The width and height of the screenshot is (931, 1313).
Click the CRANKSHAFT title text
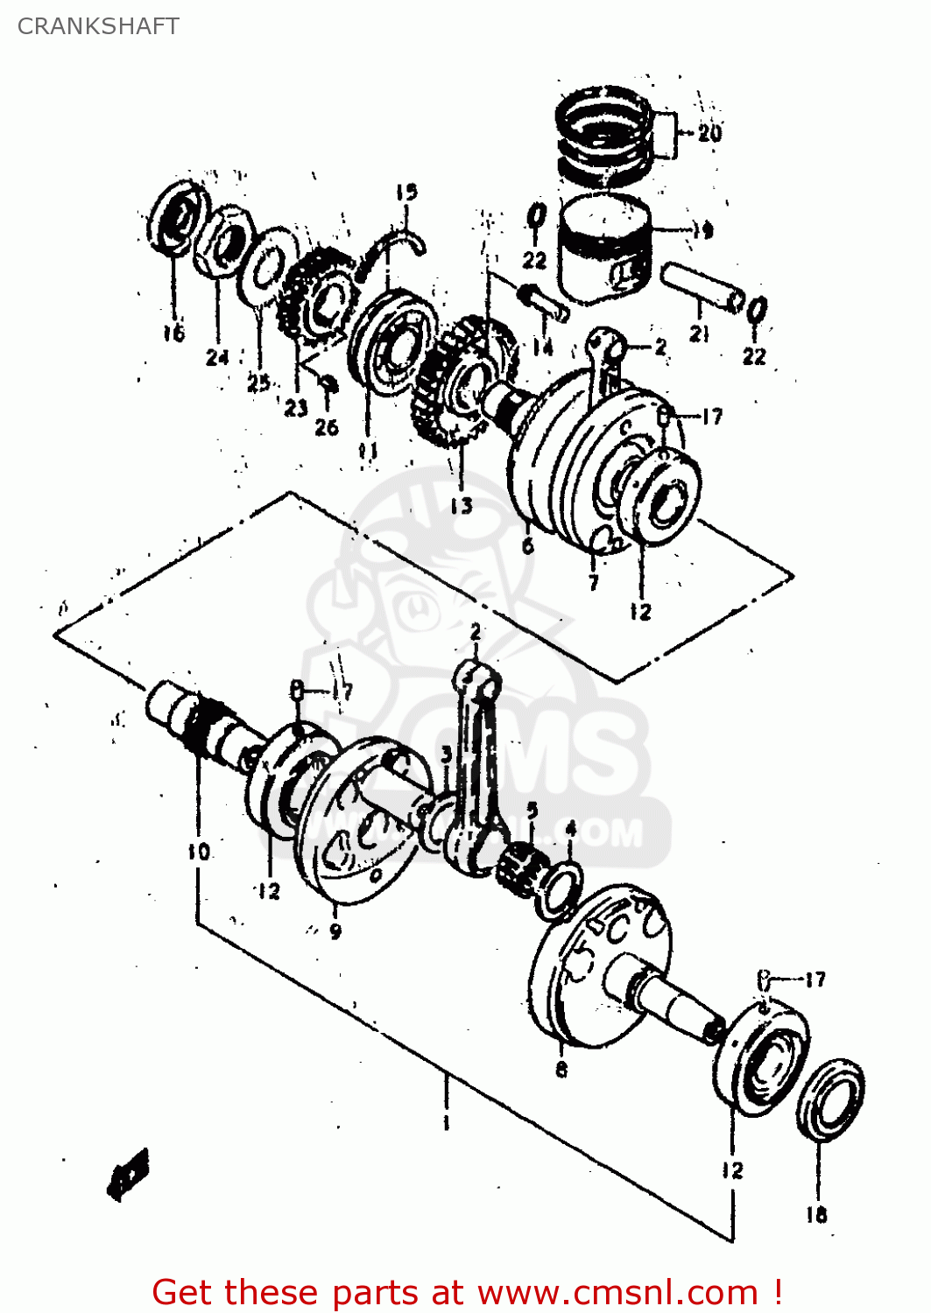(x=98, y=26)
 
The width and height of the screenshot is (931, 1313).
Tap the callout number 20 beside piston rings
(x=709, y=133)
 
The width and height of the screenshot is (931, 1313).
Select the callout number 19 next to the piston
(x=702, y=230)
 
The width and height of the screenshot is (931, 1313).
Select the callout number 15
(x=406, y=192)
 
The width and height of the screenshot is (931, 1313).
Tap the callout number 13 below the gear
(x=462, y=505)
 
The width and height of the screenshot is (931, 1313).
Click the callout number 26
(x=326, y=426)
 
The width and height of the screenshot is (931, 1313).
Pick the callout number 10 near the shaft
(x=198, y=851)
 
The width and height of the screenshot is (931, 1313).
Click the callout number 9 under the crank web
(x=335, y=931)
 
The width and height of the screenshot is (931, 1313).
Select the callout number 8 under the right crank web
(x=561, y=1068)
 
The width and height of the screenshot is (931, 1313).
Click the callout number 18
(x=816, y=1214)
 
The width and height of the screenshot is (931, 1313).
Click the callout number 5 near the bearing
(x=532, y=810)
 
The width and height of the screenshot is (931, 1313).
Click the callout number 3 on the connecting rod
(x=446, y=755)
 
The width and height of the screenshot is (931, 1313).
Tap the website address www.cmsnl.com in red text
(x=617, y=1292)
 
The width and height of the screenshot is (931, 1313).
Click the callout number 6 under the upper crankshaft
(x=527, y=545)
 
